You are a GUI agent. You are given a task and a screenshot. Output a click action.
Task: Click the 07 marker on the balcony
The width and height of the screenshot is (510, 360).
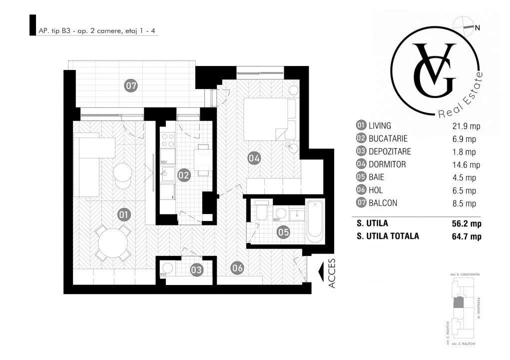131,85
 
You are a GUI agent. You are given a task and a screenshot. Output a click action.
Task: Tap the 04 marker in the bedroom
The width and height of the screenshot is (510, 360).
254,158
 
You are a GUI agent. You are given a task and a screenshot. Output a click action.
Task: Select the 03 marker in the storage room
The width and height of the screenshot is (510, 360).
197,269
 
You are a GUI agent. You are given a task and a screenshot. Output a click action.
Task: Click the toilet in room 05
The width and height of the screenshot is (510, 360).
261,212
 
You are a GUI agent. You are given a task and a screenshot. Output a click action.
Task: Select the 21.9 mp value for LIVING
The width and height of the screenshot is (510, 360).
465,125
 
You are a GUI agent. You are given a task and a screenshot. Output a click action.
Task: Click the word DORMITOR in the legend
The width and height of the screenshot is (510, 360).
387,164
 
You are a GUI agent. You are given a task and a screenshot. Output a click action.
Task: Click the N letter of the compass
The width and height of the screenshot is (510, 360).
478,28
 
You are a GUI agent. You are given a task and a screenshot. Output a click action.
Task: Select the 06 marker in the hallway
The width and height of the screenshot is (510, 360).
237,268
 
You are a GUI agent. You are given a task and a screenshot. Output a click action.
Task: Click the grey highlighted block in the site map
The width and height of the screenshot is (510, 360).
459,301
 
